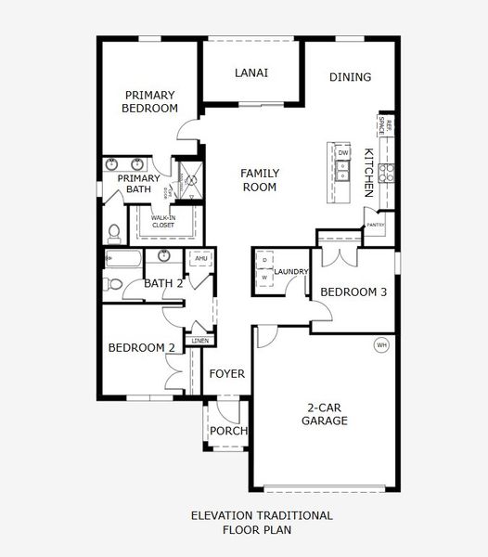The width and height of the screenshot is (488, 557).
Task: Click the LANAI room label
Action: (251, 73)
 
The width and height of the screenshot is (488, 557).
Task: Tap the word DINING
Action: (350, 78)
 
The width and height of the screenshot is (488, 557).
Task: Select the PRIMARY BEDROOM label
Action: (150, 101)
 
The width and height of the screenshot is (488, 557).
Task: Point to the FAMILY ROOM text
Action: (259, 180)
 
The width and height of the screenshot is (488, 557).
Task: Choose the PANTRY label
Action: (376, 225)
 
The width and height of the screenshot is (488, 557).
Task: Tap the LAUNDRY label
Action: (290, 271)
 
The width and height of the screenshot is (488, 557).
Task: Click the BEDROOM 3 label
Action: (353, 292)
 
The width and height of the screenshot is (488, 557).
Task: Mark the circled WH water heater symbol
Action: (380, 345)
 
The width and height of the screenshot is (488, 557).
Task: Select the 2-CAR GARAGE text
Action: (324, 413)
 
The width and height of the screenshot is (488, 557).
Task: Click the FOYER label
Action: (226, 374)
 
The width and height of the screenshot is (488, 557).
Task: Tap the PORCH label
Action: (228, 431)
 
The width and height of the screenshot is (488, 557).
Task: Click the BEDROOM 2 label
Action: (142, 348)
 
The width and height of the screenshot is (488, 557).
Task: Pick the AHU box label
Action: (200, 259)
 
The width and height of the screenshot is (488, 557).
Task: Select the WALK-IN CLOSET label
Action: (164, 221)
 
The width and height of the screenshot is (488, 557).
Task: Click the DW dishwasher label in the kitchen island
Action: (342, 152)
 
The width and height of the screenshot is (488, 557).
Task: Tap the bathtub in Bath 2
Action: (122, 259)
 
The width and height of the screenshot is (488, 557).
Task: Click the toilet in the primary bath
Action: (113, 230)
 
